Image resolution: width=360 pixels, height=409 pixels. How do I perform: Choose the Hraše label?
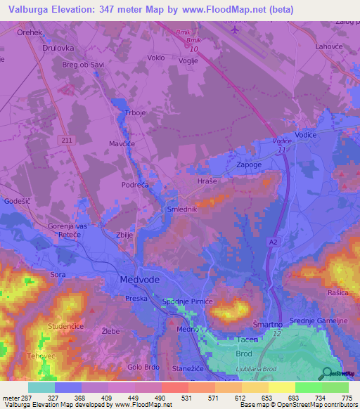point(207,181)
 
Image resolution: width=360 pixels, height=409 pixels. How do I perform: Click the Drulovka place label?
point(58,48)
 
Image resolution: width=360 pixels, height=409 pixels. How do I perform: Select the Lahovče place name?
point(329,46)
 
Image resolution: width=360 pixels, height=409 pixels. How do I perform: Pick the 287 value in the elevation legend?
point(27,398)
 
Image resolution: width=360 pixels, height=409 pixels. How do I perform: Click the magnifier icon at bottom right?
point(326,374)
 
